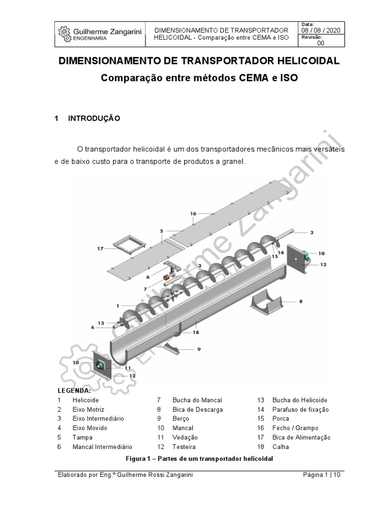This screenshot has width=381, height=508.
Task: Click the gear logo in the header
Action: [64, 32]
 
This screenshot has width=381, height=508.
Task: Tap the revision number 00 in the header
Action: [320, 43]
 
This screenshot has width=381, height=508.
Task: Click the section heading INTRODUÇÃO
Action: [94, 119]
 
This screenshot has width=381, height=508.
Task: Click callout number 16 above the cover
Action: [193, 213]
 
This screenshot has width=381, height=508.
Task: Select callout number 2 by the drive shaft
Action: [312, 232]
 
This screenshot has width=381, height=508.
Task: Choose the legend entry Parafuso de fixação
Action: [300, 409]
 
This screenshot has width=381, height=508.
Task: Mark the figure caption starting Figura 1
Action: [199, 458]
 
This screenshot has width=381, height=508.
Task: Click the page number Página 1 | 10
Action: [322, 475]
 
